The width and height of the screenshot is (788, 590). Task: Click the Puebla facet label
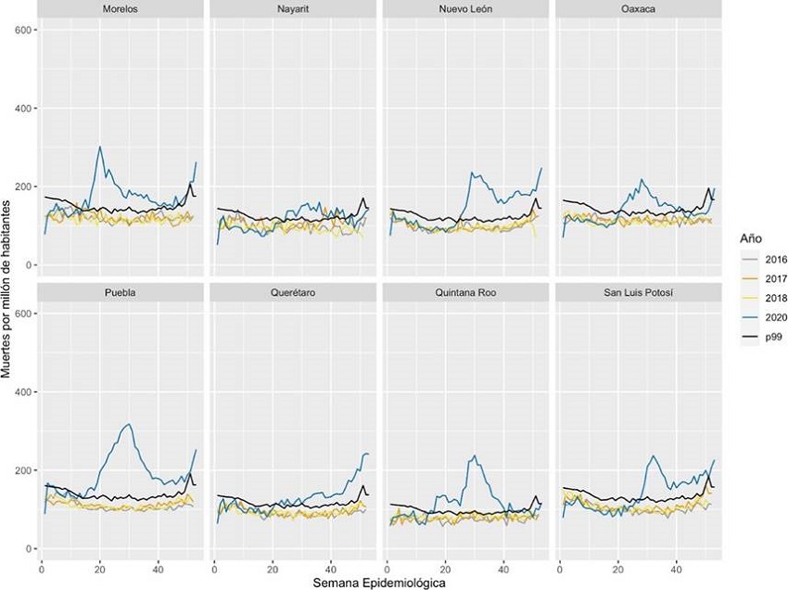pos(121,293)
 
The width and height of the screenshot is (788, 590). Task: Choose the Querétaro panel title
pos(294,293)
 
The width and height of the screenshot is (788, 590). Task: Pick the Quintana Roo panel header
pos(467,293)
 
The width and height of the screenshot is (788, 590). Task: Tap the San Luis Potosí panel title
pos(640,293)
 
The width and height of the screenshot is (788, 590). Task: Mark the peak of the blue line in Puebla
pos(128,425)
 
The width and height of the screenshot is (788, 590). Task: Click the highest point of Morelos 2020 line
pos(100,147)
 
